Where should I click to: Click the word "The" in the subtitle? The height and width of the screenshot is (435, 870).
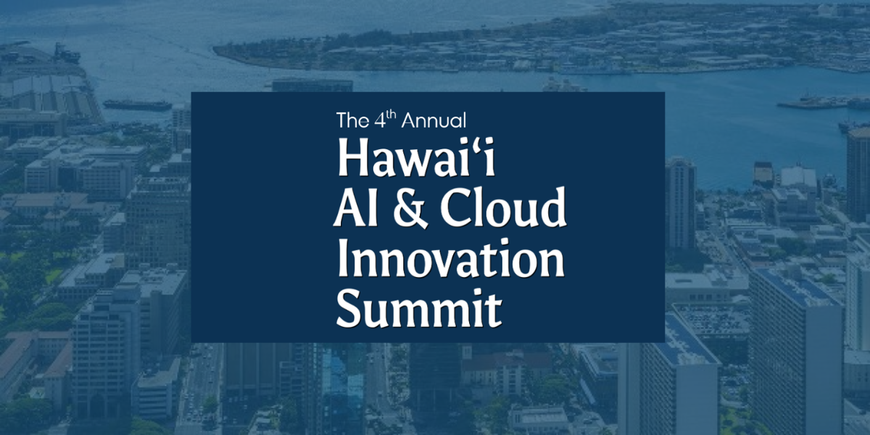point(352,120)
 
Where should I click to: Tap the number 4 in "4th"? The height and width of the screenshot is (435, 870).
point(380,120)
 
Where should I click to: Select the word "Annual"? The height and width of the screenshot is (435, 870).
point(434,120)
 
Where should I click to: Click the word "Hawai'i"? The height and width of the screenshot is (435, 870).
point(416,157)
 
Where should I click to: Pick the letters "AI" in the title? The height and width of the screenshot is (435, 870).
point(355,207)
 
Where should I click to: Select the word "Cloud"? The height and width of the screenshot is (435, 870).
point(503,207)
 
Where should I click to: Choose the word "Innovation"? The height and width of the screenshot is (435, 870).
point(450,257)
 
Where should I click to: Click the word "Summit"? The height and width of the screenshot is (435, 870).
point(419,308)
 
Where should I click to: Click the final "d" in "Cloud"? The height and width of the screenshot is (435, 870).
point(551,207)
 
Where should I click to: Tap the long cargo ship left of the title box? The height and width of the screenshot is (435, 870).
point(137,104)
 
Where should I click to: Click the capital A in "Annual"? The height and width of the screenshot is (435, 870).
point(410,120)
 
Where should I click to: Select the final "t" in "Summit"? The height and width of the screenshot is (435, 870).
point(493,311)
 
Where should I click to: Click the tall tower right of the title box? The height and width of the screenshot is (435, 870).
point(681,204)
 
